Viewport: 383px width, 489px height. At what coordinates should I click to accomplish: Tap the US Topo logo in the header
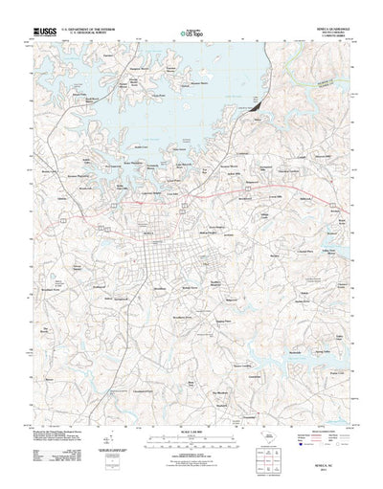(x=191, y=34)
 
